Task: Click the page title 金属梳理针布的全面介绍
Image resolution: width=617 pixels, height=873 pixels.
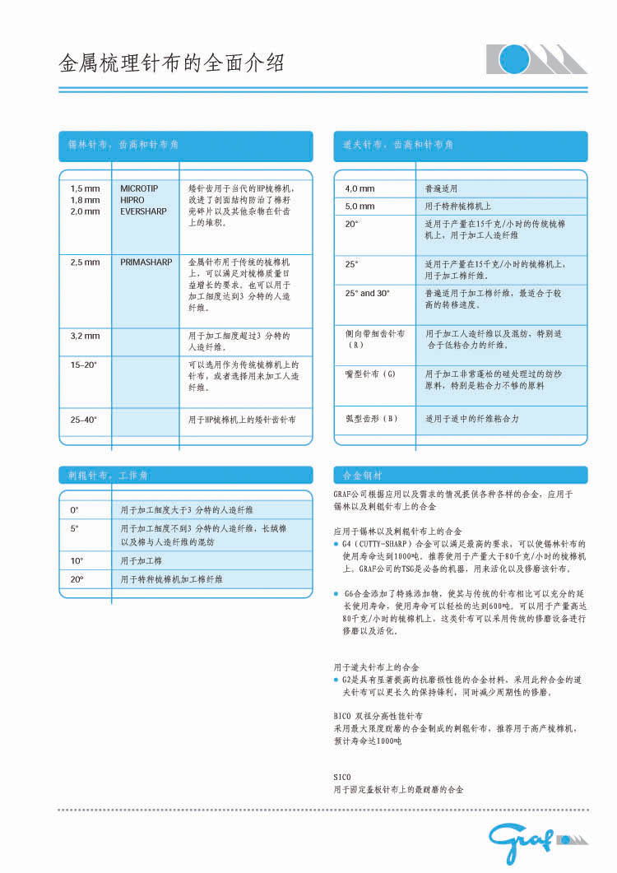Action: click(172, 63)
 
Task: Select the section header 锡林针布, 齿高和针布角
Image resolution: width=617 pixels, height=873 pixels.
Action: click(123, 145)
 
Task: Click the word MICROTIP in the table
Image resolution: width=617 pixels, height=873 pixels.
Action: click(139, 188)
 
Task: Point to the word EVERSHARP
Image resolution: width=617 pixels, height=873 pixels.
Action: click(143, 211)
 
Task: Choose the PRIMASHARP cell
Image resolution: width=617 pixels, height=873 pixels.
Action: click(146, 262)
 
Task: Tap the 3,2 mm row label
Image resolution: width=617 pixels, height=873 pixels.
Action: click(85, 336)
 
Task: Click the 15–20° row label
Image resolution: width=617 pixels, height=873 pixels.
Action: click(84, 364)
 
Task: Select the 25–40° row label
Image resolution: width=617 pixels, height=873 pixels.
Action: click(84, 420)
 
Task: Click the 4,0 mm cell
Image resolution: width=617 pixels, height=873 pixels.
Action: click(360, 188)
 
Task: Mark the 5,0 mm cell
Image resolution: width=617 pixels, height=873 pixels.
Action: click(360, 207)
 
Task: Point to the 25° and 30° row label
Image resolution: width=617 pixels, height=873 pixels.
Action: click(368, 293)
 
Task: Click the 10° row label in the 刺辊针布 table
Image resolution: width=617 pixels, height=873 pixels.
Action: click(77, 560)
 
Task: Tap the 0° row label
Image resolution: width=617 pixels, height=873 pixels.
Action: click(75, 510)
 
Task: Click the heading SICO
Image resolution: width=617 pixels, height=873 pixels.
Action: click(342, 777)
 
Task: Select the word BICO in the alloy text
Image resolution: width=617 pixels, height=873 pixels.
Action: click(343, 717)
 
